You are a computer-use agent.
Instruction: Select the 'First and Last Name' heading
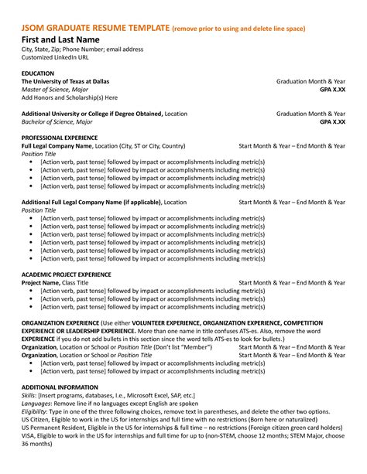click(60, 39)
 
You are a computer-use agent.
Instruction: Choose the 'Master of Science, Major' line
click(58, 90)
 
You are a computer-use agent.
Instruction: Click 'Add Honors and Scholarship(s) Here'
click(70, 97)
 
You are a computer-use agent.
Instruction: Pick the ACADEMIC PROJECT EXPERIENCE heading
click(67, 275)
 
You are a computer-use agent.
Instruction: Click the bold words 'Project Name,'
click(41, 283)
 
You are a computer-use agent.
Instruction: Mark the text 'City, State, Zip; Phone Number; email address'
click(83, 49)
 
